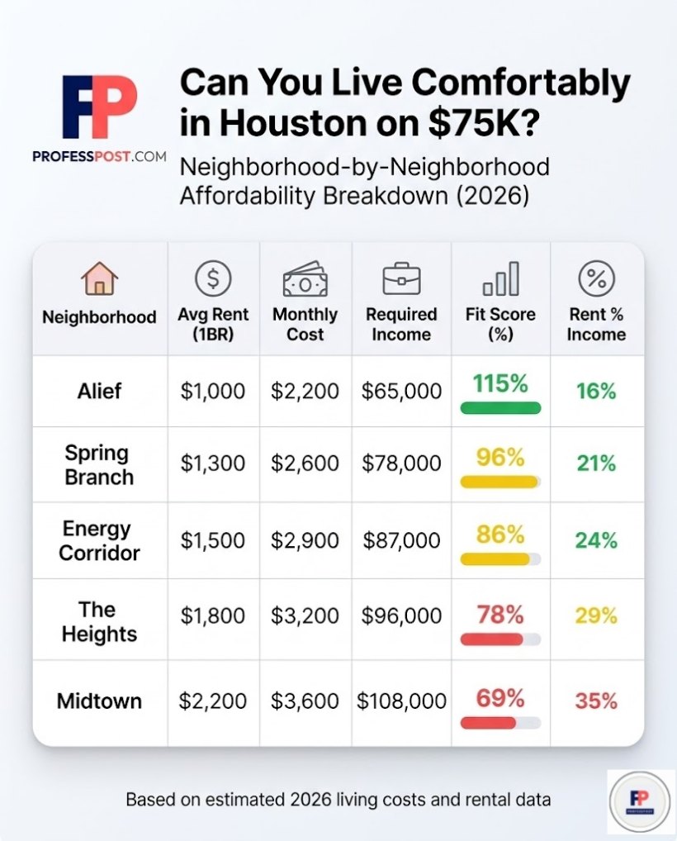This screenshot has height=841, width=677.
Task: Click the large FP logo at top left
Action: pyautogui.click(x=99, y=107)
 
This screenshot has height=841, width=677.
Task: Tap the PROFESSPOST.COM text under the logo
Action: pyautogui.click(x=99, y=156)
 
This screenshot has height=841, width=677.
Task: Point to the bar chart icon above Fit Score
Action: pyautogui.click(x=500, y=279)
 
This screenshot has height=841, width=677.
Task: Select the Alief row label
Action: pyautogui.click(x=99, y=391)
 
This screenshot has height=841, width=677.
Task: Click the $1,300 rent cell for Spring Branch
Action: pyautogui.click(x=213, y=464)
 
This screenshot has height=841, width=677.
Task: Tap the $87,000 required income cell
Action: pyautogui.click(x=401, y=540)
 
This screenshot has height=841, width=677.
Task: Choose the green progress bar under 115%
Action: pyautogui.click(x=500, y=408)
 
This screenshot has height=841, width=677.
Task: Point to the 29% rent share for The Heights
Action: pyautogui.click(x=596, y=616)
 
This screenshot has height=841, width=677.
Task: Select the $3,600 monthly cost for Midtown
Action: pyautogui.click(x=305, y=701)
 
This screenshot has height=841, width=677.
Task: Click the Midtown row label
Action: pyautogui.click(x=99, y=701)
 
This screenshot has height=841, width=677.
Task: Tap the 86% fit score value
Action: pyautogui.click(x=500, y=535)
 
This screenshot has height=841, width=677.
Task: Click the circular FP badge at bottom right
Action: pyautogui.click(x=641, y=801)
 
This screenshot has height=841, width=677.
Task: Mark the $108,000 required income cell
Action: pyautogui.click(x=401, y=701)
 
